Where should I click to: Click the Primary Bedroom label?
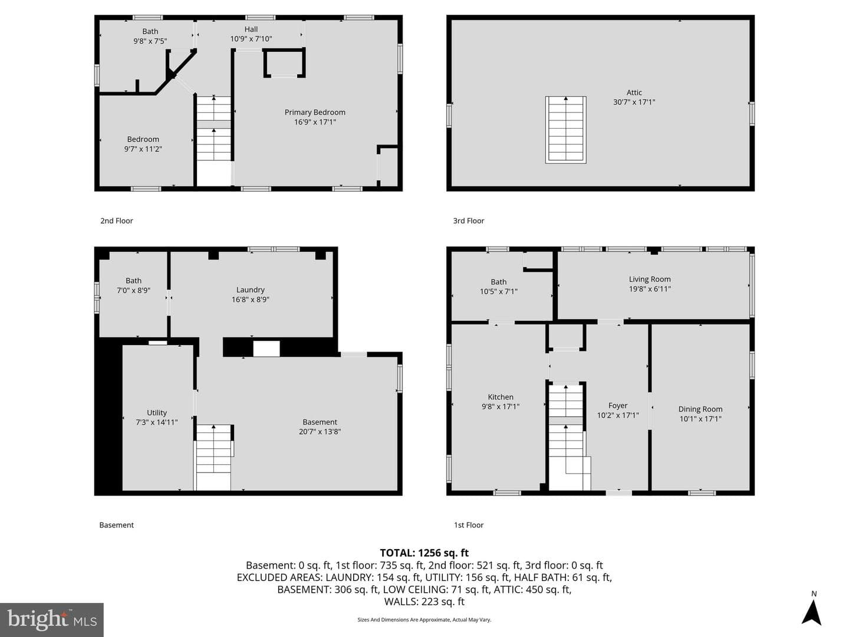point(315,112)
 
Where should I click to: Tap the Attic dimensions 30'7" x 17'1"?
point(634,102)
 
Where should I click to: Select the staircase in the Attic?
point(565,130)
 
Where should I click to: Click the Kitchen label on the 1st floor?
point(501,397)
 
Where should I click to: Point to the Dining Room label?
point(700,409)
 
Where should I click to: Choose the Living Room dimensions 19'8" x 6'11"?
point(649,289)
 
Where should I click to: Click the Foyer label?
point(618,405)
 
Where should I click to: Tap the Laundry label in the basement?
point(250,290)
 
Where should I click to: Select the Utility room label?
point(157,413)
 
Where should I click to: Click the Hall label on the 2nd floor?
point(251,29)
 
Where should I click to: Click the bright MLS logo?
point(52,620)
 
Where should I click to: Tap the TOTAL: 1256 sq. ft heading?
point(424,553)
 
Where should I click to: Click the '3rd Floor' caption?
point(468,221)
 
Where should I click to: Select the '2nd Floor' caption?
point(116,221)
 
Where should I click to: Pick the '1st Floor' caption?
point(468,525)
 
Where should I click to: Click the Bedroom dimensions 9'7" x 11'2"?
point(143,149)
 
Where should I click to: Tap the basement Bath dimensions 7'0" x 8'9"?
point(133,290)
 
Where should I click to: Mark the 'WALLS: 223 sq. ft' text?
point(424,602)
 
